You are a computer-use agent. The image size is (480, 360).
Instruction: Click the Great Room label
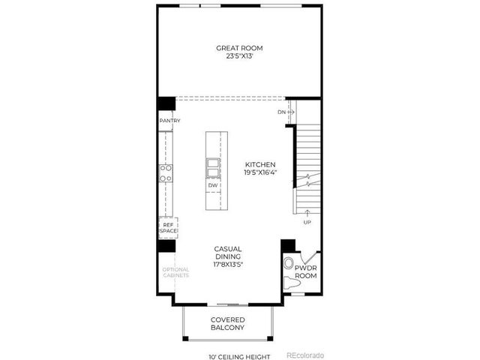tap(239, 48)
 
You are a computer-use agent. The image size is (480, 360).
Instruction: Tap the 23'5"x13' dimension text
tap(239, 55)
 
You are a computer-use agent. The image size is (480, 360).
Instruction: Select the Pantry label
tap(167, 121)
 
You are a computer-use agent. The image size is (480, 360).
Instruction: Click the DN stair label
tap(282, 112)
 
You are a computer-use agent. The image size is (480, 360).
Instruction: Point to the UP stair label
tap(307, 223)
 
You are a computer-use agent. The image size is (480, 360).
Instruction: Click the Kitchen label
tap(260, 164)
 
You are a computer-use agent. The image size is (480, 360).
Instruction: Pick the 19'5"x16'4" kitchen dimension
tap(260, 172)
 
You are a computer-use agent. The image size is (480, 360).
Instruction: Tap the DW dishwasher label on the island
tap(213, 184)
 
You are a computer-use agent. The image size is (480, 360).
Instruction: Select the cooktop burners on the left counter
tap(166, 173)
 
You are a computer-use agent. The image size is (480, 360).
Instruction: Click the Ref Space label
tap(166, 226)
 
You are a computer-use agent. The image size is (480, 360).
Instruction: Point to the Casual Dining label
tap(228, 253)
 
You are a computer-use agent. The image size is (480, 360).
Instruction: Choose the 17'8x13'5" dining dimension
tap(228, 265)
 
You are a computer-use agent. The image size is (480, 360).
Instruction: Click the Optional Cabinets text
tap(176, 272)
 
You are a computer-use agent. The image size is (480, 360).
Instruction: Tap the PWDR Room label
tap(306, 271)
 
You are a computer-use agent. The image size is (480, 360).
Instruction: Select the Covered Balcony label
tap(228, 325)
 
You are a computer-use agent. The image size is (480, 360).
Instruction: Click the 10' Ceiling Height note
tap(238, 356)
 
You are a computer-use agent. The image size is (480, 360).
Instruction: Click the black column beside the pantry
tap(166, 104)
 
